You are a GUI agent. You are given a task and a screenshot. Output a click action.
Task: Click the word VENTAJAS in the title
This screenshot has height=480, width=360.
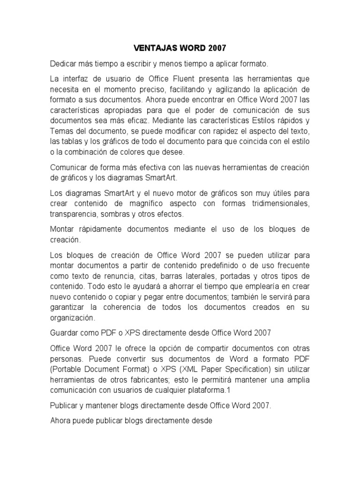(150, 48)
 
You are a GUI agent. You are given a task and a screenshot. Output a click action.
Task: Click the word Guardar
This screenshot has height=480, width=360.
(65, 333)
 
